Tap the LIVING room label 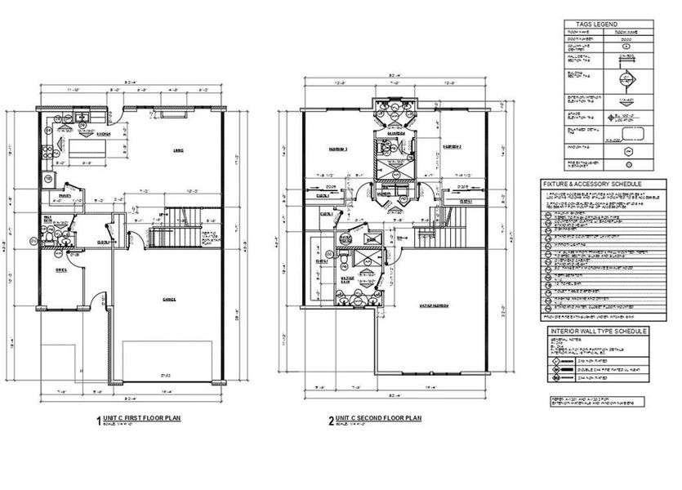[x=176, y=149]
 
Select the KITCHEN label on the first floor [x=104, y=134]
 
